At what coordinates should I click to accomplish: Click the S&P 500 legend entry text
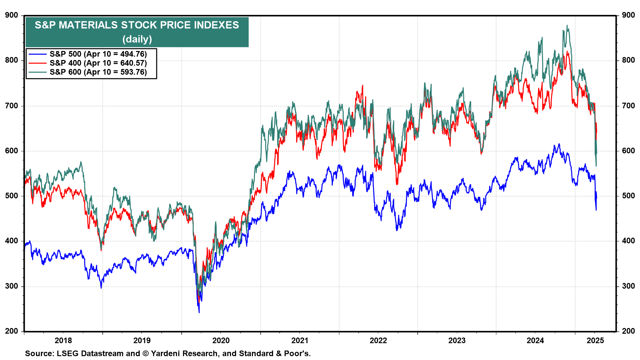pyautogui.click(x=98, y=54)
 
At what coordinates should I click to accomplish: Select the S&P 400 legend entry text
pyautogui.click(x=98, y=63)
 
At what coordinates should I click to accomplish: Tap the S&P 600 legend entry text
pyautogui.click(x=98, y=72)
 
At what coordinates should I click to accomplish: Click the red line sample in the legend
pyautogui.click(x=37, y=63)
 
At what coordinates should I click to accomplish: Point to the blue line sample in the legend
pyautogui.click(x=37, y=54)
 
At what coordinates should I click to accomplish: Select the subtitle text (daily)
pyautogui.click(x=137, y=39)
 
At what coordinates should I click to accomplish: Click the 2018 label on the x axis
pyautogui.click(x=63, y=340)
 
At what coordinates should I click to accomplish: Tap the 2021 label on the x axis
pyautogui.click(x=300, y=340)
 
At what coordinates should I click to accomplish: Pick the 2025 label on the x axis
pyautogui.click(x=595, y=340)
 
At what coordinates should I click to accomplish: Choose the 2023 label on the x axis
pyautogui.click(x=457, y=340)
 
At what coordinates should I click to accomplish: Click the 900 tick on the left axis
pyautogui.click(x=12, y=15)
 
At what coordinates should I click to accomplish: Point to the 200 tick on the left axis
pyautogui.click(x=12, y=331)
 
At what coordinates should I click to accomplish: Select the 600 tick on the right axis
pyautogui.click(x=628, y=151)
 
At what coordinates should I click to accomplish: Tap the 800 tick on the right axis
pyautogui.click(x=628, y=60)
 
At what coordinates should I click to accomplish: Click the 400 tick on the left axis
pyautogui.click(x=12, y=241)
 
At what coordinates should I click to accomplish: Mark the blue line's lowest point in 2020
pyautogui.click(x=199, y=312)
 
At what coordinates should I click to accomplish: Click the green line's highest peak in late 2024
pyautogui.click(x=567, y=25)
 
